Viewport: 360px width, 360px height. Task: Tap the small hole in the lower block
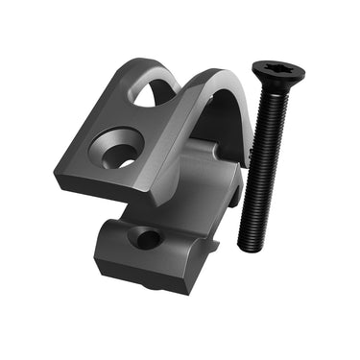tap(147, 236)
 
